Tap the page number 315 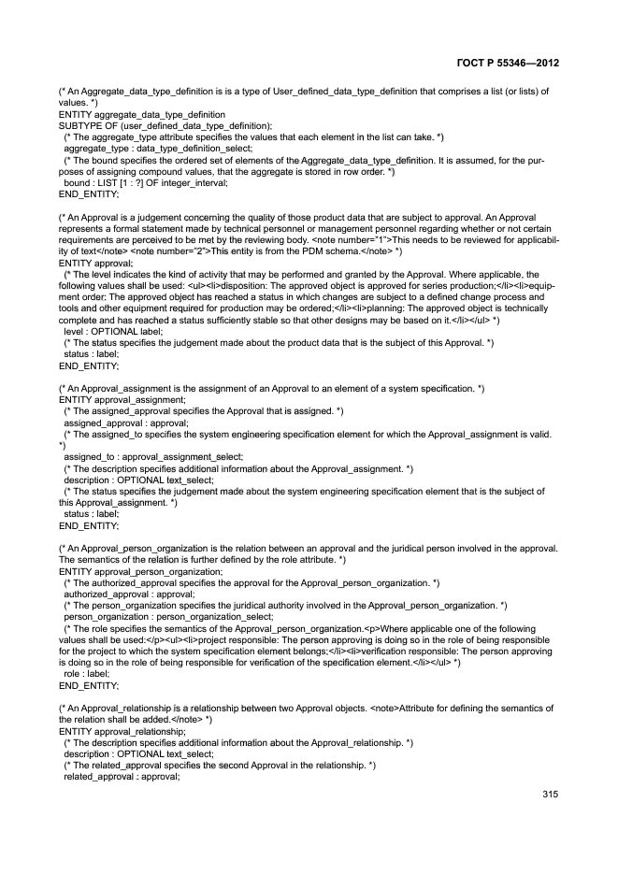[549, 795]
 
